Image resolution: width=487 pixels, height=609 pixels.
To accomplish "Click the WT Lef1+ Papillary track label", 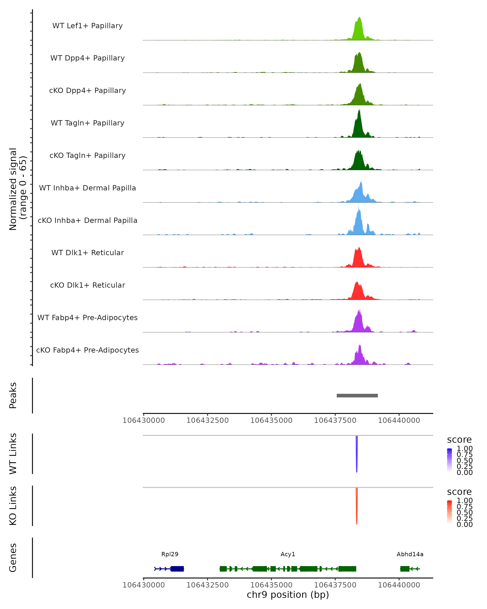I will point(87,26).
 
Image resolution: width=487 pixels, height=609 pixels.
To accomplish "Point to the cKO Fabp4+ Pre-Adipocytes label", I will point(87,350).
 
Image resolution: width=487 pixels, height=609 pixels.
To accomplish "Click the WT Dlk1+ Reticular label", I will point(87,253).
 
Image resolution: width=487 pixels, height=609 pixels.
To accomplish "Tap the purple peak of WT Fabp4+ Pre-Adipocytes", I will point(359,322).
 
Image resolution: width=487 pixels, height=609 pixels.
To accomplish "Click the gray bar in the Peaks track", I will point(357,395).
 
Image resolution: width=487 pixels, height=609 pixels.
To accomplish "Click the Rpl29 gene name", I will point(170,554).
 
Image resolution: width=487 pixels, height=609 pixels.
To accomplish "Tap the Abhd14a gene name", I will point(410,554).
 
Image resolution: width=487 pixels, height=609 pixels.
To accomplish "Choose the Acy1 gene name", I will point(288,554).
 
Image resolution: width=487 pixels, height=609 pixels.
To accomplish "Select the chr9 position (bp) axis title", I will point(288,595).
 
